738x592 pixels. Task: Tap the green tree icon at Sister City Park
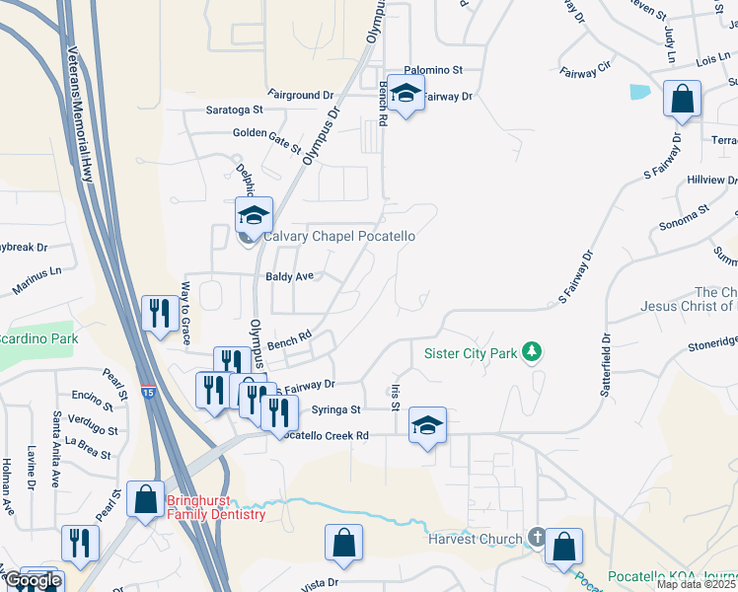tap(533, 351)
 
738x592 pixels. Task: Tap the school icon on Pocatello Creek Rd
tap(427, 425)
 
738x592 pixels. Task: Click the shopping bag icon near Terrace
tap(682, 99)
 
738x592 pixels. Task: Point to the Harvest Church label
tap(475, 539)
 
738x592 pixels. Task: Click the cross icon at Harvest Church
tap(536, 538)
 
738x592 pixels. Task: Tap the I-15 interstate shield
tap(147, 392)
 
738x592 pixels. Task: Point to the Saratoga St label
tap(234, 111)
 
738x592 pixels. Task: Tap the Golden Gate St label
tap(266, 139)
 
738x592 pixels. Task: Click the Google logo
tap(33, 580)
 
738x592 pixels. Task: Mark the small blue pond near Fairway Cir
tap(639, 92)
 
